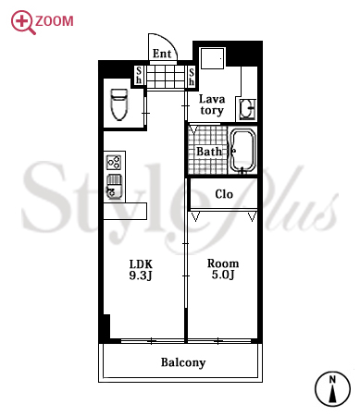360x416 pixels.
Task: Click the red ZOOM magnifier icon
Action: point(23,22)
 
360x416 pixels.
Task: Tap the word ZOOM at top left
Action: point(55,21)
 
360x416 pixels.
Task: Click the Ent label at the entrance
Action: point(162,54)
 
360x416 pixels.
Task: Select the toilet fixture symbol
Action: point(119,104)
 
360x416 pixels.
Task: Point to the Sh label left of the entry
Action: point(139,75)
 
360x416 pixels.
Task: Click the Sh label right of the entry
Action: point(192,77)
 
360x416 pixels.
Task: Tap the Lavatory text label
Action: point(212,104)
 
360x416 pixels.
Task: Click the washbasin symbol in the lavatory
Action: point(247,108)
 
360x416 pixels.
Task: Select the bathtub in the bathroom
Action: point(243,150)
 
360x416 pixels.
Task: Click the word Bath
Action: point(209,152)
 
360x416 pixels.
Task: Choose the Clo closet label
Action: point(224,194)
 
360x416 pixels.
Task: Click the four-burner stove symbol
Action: point(114,163)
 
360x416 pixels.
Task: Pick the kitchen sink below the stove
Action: point(114,186)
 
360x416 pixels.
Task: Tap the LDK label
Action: point(141,264)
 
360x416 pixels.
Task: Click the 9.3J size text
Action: point(141,275)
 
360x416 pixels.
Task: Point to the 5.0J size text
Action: point(223,275)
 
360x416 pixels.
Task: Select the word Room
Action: point(223,263)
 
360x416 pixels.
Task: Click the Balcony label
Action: point(183,362)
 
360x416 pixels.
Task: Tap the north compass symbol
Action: point(332,389)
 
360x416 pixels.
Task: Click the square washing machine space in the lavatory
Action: point(212,58)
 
